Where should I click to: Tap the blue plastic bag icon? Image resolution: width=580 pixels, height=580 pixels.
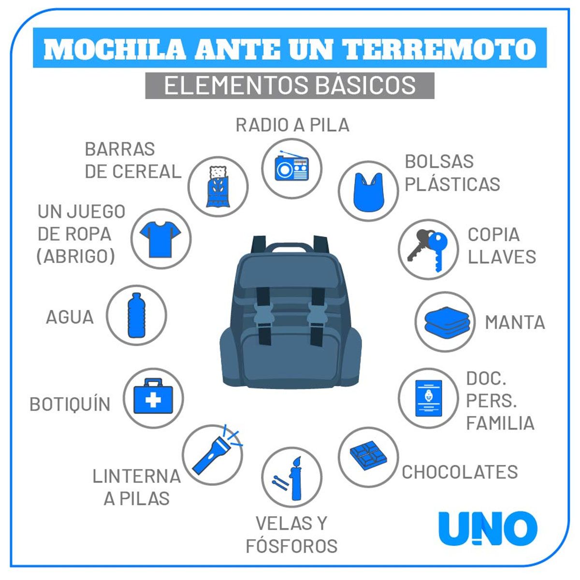point(369,192)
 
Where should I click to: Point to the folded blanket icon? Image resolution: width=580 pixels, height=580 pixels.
point(447,321)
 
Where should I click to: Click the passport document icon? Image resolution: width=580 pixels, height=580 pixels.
point(429,398)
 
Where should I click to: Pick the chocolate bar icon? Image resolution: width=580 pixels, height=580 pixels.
point(368,455)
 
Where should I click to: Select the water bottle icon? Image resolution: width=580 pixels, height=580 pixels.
point(136,315)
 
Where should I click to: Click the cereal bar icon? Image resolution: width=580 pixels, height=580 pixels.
point(218,187)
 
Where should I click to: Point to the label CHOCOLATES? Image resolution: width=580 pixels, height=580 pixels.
point(460,472)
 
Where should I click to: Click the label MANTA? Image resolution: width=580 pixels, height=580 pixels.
point(515,322)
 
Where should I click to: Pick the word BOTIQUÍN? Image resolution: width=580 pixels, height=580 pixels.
point(70,404)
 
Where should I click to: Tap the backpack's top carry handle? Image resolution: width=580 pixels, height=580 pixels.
point(289,247)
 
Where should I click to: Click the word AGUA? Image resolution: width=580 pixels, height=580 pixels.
point(70,317)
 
